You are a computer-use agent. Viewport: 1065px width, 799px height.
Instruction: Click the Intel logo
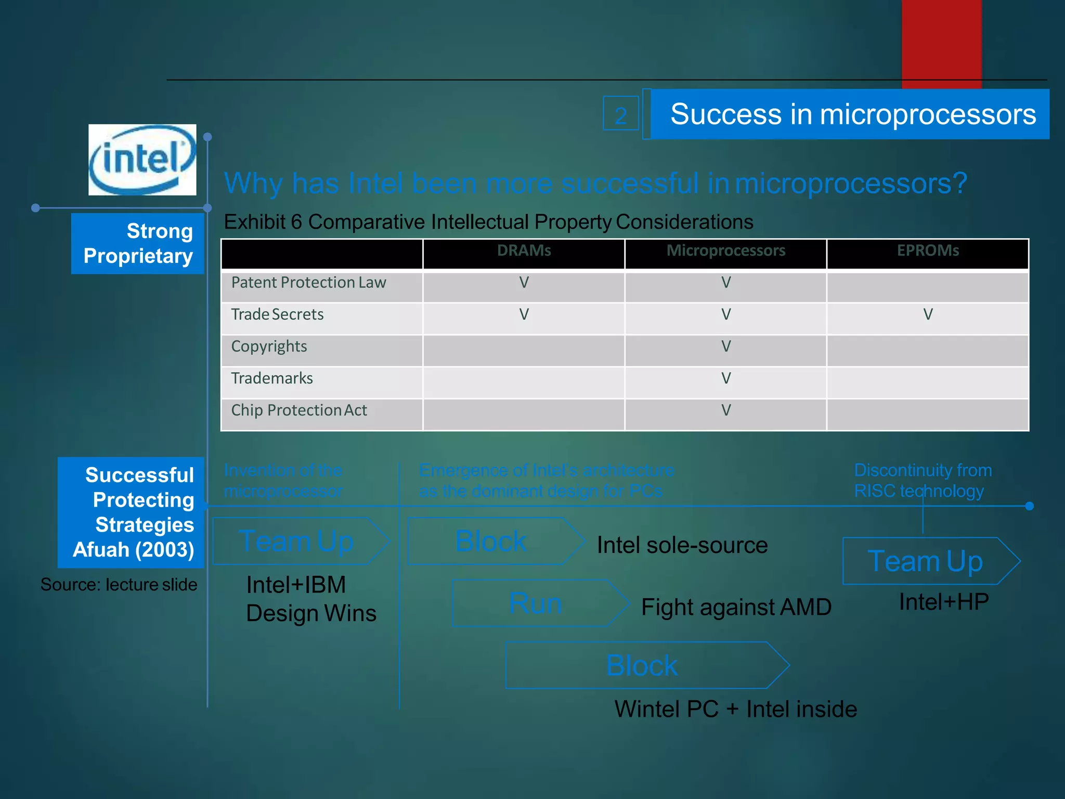(x=142, y=160)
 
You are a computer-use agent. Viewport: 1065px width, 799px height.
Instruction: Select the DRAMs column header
(x=524, y=251)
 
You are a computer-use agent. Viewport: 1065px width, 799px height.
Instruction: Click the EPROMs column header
(x=928, y=251)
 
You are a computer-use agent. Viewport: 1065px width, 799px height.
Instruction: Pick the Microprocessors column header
(x=726, y=251)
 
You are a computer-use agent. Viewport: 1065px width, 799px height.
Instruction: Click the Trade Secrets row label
(x=277, y=315)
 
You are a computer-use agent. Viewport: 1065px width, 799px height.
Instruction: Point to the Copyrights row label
(x=269, y=346)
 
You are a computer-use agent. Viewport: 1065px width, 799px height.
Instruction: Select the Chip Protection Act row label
(x=299, y=410)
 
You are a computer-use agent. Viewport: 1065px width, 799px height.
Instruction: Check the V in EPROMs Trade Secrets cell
(x=928, y=315)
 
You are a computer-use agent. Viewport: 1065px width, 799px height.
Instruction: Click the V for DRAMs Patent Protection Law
(x=524, y=283)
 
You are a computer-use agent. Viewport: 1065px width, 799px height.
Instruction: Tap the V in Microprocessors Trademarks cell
(x=726, y=379)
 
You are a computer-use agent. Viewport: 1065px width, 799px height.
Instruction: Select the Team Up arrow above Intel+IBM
(x=300, y=542)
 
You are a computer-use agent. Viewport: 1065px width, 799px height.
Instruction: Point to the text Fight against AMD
(x=736, y=607)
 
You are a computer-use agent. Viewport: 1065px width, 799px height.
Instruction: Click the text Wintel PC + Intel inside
(x=735, y=709)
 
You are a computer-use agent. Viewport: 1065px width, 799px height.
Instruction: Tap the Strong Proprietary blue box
(x=138, y=243)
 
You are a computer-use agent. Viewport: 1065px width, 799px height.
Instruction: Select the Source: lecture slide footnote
(x=119, y=585)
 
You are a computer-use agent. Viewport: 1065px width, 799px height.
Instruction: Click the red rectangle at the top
(x=941, y=42)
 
